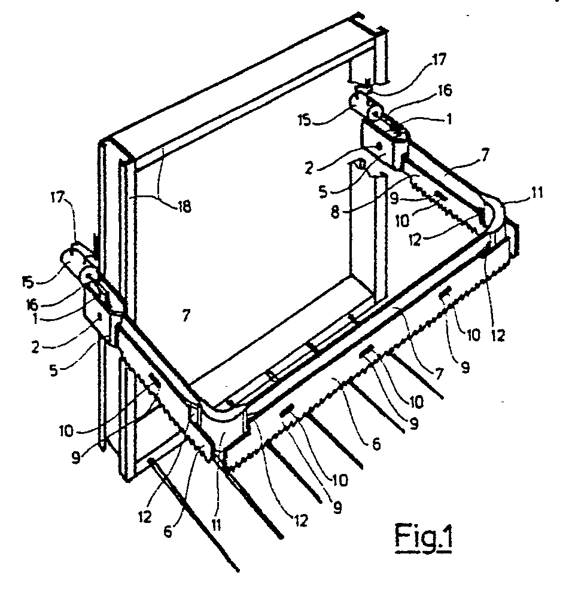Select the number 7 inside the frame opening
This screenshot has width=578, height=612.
click(x=186, y=316)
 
